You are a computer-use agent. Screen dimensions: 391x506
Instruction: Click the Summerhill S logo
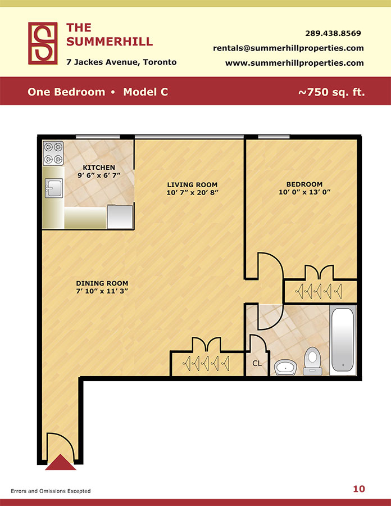coord(43,43)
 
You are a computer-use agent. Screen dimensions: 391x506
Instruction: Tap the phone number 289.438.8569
coord(333,33)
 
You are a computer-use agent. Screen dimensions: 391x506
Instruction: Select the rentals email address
coord(288,48)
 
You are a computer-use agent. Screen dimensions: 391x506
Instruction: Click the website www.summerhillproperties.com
coord(294,63)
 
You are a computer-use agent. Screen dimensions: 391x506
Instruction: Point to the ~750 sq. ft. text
coord(331,92)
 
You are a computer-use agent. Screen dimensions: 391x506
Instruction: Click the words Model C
coord(146,92)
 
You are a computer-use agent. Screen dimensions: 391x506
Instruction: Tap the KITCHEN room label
coord(99,168)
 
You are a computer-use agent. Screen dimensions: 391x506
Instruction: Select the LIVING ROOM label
coord(192,184)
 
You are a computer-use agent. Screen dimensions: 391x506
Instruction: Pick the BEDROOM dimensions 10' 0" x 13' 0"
coord(304,192)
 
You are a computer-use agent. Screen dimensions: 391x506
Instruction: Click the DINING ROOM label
coord(102,283)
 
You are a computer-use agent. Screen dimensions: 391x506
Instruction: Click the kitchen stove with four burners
coord(53,153)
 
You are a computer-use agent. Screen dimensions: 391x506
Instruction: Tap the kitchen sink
coord(54,188)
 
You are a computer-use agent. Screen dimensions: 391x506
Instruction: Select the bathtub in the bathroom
coord(343,340)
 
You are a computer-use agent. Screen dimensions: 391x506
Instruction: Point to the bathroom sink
coord(285,368)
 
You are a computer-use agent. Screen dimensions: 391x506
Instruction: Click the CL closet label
coord(257,364)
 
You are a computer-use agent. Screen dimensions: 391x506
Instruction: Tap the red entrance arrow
coord(61,463)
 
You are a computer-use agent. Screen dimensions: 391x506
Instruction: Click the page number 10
coord(359,489)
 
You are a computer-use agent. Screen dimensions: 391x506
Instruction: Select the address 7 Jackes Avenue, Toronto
coord(121,62)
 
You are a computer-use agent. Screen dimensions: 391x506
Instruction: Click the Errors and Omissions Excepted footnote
coord(51,491)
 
